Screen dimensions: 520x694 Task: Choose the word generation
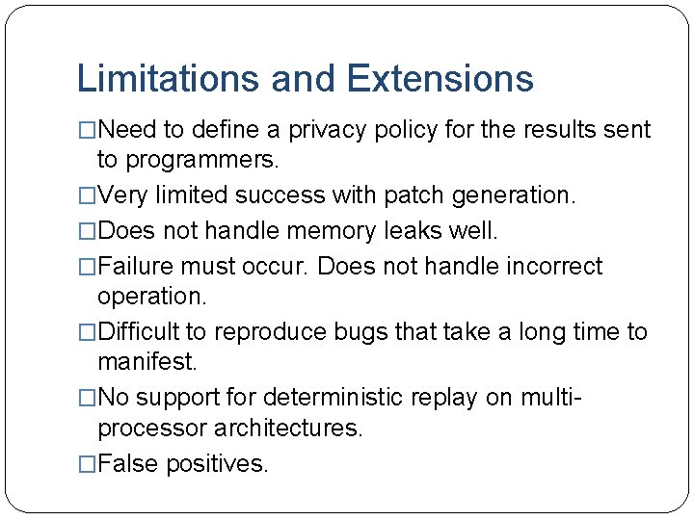point(515,195)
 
